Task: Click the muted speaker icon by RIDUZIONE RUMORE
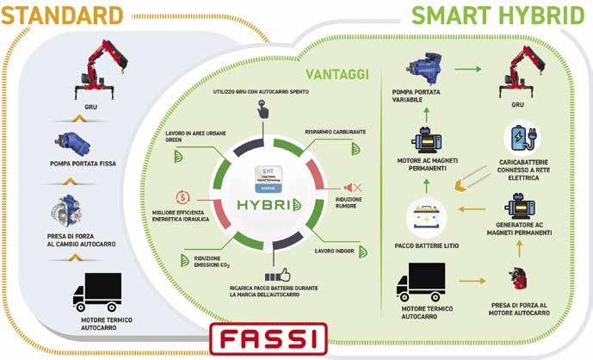click(352, 188)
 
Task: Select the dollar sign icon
click(182, 196)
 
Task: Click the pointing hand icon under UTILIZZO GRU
click(262, 109)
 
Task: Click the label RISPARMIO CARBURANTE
click(334, 132)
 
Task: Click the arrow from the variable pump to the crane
click(468, 69)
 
